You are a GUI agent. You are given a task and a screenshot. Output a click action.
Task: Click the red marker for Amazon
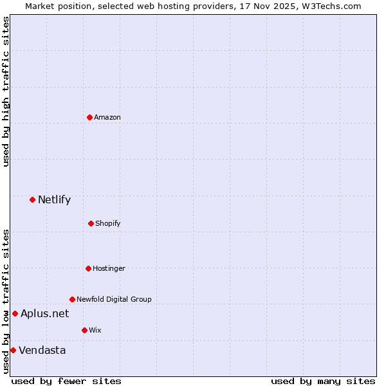click(89, 117)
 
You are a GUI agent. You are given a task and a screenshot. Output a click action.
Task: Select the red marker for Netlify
click(32, 199)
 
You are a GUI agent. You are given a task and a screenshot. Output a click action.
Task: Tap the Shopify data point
click(91, 223)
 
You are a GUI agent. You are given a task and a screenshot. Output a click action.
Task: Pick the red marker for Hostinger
click(88, 268)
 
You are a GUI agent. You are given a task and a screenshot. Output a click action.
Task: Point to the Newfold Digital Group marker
click(72, 299)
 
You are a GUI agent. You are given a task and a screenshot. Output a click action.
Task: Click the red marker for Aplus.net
click(15, 313)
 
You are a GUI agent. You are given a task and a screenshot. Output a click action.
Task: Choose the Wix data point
click(84, 330)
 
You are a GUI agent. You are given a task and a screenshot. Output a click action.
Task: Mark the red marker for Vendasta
click(13, 350)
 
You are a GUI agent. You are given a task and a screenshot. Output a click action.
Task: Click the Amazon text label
click(107, 117)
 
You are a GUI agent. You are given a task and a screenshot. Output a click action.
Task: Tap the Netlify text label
click(54, 199)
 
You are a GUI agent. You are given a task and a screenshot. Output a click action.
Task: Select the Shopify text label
click(108, 223)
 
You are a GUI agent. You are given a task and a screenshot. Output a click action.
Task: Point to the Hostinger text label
click(109, 268)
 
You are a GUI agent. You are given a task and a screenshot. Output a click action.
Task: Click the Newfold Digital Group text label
click(114, 299)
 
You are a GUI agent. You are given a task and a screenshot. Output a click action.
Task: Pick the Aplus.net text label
click(44, 313)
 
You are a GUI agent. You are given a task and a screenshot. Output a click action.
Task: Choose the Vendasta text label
click(42, 350)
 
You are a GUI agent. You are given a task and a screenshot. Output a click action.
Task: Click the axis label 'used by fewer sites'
click(66, 381)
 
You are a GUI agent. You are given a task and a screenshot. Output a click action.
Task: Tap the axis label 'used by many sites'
click(323, 381)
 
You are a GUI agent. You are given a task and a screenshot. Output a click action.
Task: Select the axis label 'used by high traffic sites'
click(6, 91)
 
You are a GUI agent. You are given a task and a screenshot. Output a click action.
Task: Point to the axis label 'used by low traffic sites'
click(6, 300)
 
